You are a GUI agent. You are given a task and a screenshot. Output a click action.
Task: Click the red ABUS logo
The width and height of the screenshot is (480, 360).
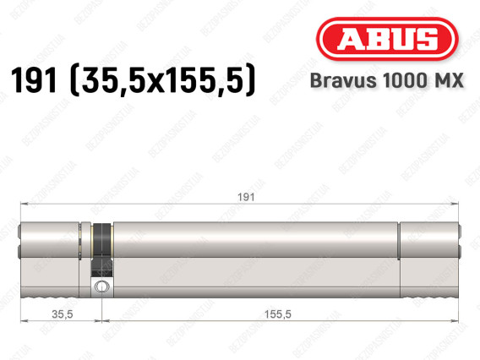click(x=387, y=39)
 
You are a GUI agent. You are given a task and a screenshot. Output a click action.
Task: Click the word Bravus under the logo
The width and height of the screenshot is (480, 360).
click(x=343, y=80)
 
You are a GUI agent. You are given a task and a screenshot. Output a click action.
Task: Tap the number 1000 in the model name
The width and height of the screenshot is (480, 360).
click(x=405, y=80)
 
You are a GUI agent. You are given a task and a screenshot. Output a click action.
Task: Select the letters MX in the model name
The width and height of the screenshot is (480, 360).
click(x=449, y=80)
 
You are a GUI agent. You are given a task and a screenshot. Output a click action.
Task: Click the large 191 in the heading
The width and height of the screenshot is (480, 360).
click(x=34, y=80)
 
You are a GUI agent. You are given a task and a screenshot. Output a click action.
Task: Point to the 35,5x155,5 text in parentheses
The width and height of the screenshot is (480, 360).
click(x=163, y=80)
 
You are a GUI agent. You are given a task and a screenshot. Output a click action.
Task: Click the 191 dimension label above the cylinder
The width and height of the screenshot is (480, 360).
click(x=246, y=197)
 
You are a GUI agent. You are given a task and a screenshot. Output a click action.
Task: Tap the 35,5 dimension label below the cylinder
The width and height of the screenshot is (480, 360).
click(x=63, y=314)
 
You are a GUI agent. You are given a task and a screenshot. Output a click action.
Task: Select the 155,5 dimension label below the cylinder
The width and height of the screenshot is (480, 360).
click(x=278, y=314)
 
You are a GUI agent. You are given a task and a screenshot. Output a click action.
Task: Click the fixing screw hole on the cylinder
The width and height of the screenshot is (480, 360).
click(x=101, y=286)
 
